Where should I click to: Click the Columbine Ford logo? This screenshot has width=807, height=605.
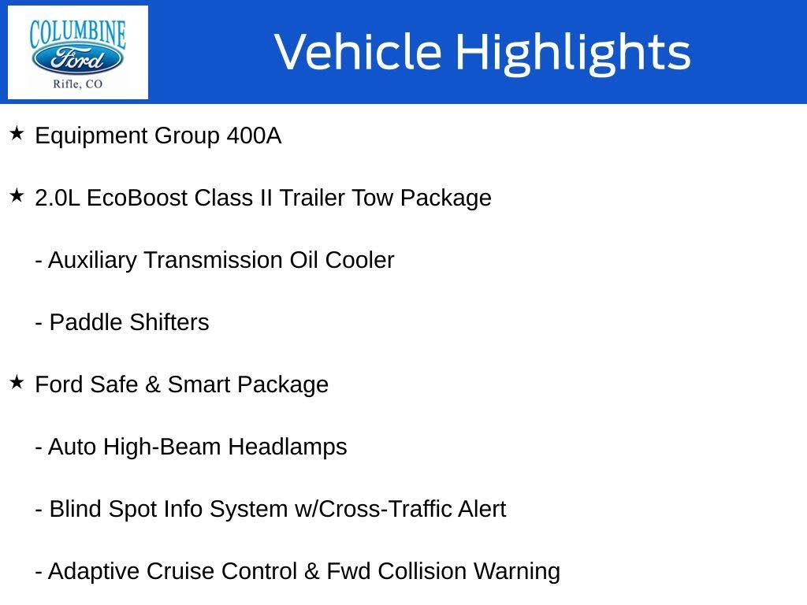click(77, 52)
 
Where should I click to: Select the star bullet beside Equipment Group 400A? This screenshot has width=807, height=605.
click(17, 134)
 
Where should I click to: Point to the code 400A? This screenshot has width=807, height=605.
click(253, 136)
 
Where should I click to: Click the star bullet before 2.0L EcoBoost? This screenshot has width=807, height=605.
click(17, 196)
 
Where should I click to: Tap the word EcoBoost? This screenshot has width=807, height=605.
click(137, 198)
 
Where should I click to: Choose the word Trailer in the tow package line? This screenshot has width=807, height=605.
click(312, 198)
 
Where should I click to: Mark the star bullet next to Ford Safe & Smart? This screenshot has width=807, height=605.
click(17, 383)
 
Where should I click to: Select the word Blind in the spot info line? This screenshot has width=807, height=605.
click(76, 509)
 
